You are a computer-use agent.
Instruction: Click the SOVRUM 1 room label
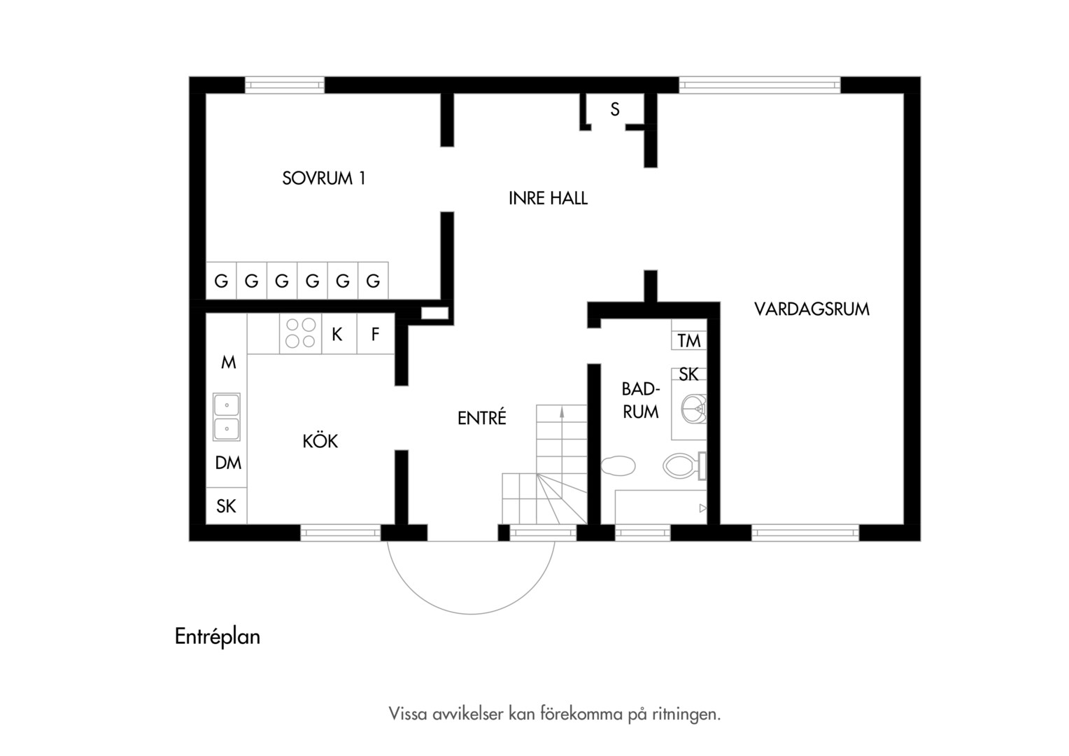pos(323,178)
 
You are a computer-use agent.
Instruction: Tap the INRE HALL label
pos(548,198)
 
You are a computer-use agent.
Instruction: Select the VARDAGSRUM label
pos(812,309)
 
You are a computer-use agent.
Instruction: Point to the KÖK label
pos(320,440)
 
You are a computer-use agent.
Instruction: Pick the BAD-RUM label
pos(640,400)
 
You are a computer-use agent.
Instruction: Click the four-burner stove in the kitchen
pos(301,333)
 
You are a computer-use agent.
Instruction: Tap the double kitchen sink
pos(226,416)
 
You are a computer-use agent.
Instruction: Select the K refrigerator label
pos(337,335)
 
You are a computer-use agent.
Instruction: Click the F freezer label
pos(375,335)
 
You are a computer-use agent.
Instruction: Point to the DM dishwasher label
pos(228,463)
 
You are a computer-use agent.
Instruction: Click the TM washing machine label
pos(688,341)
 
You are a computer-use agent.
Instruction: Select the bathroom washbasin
pos(693,409)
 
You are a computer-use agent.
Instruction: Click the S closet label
pos(615,110)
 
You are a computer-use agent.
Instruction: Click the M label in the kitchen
pos(229,363)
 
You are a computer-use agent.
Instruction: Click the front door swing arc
pos(470,614)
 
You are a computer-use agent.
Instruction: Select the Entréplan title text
pos(218,637)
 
